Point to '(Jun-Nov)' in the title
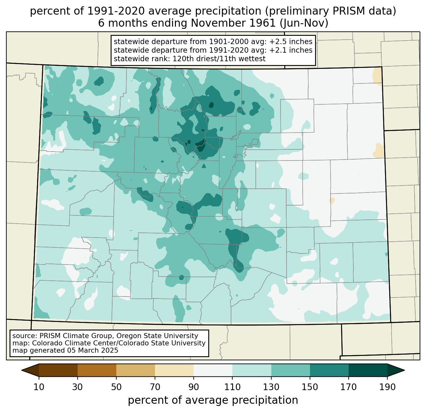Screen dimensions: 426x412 (304, 23)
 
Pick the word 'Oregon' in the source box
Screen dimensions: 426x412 (129, 336)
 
